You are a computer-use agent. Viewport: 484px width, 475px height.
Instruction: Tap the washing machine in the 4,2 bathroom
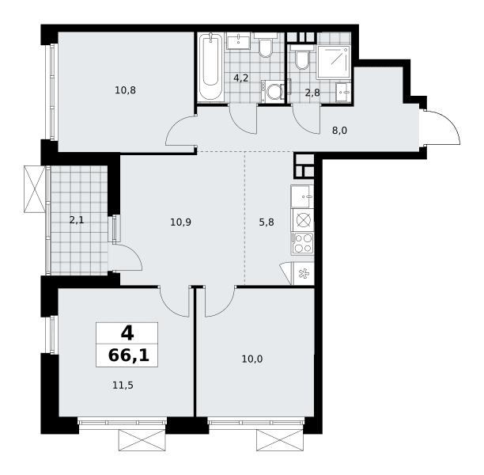pos(273,92)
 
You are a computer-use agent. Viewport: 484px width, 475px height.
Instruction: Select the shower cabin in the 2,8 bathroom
pos(334,62)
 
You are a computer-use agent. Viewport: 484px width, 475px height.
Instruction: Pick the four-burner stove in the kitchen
pos(302,244)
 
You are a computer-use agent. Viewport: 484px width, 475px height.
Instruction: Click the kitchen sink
pos(302,196)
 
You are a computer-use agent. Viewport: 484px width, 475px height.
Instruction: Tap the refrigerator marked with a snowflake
pos(303,273)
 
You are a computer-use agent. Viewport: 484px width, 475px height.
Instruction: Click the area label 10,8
pos(125,90)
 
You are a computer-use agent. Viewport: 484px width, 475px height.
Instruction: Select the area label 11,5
pos(123,386)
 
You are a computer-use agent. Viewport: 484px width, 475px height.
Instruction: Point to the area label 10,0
pos(252,359)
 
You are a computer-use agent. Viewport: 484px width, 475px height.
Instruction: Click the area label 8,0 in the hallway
pos(339,131)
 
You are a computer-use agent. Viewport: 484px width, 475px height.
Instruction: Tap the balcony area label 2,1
pos(77,220)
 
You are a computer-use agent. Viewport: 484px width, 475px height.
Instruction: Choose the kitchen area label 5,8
pos(267,222)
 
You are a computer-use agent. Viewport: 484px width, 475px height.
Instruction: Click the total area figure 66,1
pos(129,355)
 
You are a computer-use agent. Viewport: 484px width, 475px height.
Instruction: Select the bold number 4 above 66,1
pos(127,333)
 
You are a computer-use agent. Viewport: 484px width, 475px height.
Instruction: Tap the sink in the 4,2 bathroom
pos(238,41)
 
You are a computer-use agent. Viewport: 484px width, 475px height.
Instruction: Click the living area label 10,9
pos(181,222)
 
